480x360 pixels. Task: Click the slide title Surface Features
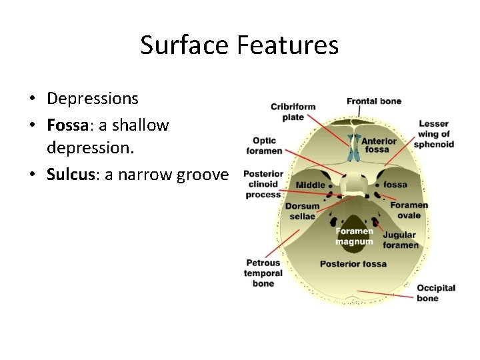click(x=239, y=46)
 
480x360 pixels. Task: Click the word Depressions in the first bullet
click(x=92, y=99)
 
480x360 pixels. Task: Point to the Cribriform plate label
click(x=293, y=112)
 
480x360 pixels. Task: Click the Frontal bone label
click(x=373, y=101)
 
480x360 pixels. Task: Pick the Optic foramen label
click(x=264, y=146)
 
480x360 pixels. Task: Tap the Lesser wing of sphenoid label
click(x=433, y=134)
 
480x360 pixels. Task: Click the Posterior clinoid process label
click(x=263, y=184)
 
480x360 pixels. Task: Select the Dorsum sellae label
click(x=302, y=211)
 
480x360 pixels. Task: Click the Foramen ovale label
click(x=409, y=210)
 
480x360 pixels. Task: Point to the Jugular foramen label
click(x=400, y=240)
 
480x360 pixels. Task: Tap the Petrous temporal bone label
click(x=264, y=273)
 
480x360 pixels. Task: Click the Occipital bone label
click(x=435, y=293)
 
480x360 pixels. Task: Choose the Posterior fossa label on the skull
click(x=353, y=264)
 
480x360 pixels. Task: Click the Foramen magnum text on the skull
click(x=354, y=236)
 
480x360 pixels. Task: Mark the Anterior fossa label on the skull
click(x=378, y=145)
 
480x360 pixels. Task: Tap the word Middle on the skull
click(x=311, y=185)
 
